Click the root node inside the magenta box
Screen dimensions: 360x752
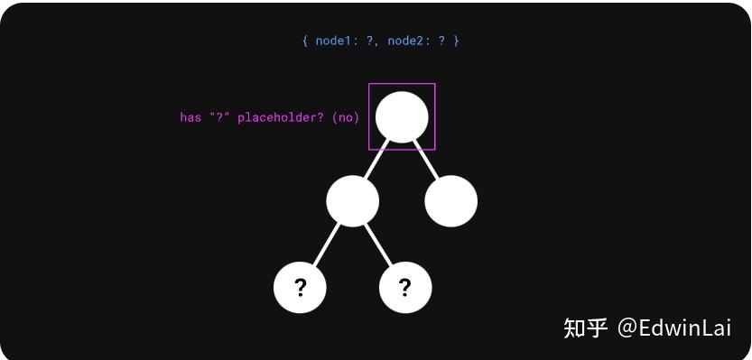[402, 116]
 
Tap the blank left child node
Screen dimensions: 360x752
[352, 200]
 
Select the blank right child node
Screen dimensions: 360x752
[450, 200]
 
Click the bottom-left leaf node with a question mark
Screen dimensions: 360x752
[300, 287]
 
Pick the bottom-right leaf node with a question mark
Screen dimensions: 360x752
[405, 287]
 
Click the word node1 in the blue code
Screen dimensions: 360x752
[334, 41]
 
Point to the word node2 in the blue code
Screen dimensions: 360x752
[405, 41]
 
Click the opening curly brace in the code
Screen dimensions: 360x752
[305, 41]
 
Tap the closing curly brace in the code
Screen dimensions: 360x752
[456, 41]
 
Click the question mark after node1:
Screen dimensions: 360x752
[370, 41]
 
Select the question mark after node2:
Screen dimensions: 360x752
[441, 41]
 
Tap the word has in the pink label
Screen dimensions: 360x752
[190, 117]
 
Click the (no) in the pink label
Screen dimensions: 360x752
[345, 117]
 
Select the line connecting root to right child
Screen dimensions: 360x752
[426, 160]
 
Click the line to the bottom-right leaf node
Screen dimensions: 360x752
[379, 244]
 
